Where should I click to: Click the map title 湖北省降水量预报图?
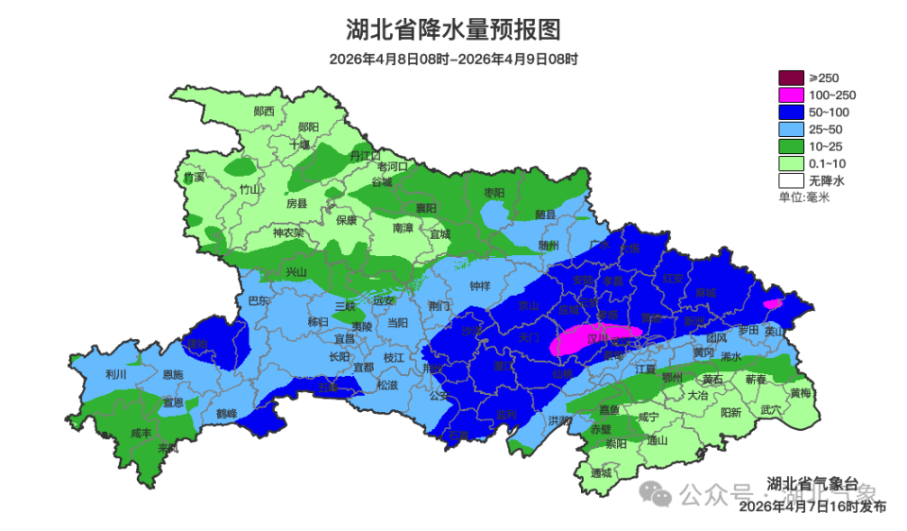click(453, 30)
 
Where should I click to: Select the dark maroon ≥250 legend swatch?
click(791, 77)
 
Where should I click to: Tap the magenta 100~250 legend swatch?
click(791, 94)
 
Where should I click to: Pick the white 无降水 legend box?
click(791, 180)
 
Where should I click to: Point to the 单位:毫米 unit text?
click(803, 197)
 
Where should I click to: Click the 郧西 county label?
click(265, 111)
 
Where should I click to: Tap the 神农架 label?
click(288, 232)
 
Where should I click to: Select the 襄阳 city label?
click(427, 208)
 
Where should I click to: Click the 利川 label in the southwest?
click(116, 374)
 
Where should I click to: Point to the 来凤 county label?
click(168, 447)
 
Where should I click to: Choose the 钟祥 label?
click(481, 285)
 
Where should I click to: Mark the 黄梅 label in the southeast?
click(800, 393)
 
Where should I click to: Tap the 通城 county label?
click(601, 472)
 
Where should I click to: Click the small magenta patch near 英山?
click(772, 304)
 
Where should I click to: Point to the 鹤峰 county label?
click(227, 413)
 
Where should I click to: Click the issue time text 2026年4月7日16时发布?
click(813, 506)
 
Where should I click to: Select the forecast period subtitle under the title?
click(453, 59)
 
